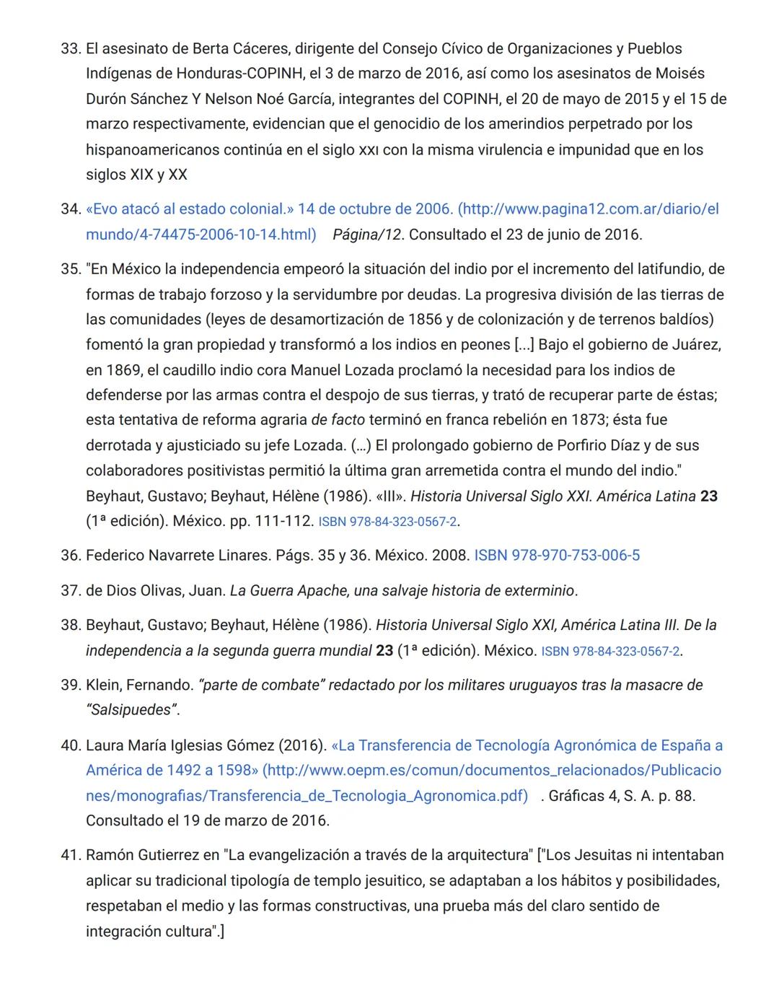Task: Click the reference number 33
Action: [x=69, y=49]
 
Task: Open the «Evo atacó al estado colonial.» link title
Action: [x=190, y=209]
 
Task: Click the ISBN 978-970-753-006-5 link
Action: [x=556, y=556]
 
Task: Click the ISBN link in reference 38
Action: [x=610, y=651]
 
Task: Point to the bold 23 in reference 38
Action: [x=384, y=651]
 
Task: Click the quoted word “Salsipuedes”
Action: [x=131, y=710]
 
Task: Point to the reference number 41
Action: [x=69, y=855]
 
